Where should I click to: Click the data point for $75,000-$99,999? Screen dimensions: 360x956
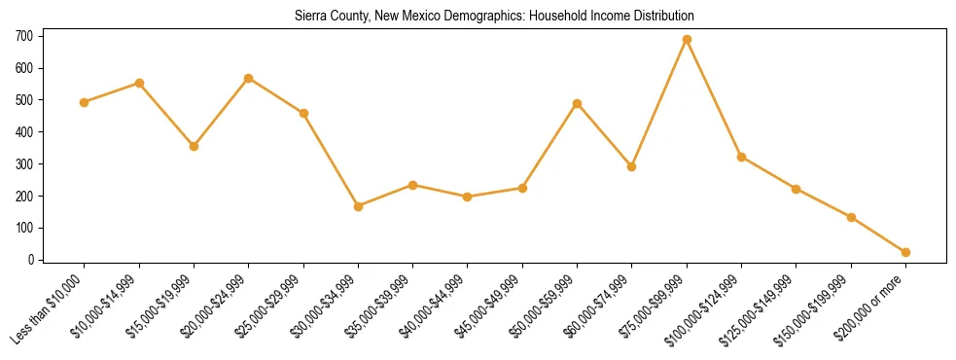pyautogui.click(x=687, y=39)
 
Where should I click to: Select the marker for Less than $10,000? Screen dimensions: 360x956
pyautogui.click(x=85, y=102)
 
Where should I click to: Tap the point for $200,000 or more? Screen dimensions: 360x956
pyautogui.click(x=905, y=252)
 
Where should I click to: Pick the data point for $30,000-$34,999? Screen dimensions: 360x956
pyautogui.click(x=358, y=206)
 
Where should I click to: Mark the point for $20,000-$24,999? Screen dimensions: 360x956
pyautogui.click(x=249, y=78)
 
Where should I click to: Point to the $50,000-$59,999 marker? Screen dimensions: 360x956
pyautogui.click(x=578, y=103)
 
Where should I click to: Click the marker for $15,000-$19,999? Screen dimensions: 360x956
pyautogui.click(x=194, y=146)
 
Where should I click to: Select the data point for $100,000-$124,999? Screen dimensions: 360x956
pyautogui.click(x=742, y=157)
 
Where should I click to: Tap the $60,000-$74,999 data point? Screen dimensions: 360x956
pyautogui.click(x=632, y=166)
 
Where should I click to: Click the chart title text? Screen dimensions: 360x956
pyautogui.click(x=495, y=17)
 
